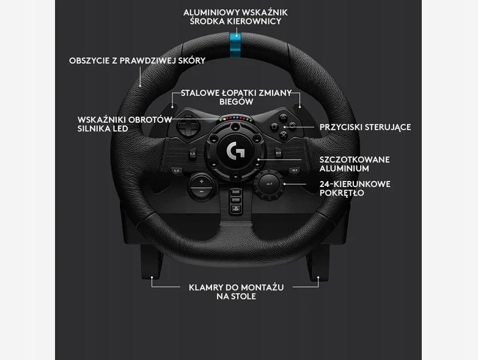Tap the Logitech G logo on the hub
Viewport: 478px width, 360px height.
pos(235,150)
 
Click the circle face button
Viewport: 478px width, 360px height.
pos(293,125)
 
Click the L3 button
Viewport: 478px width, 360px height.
pos(178,170)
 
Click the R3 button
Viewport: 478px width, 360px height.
pos(294,170)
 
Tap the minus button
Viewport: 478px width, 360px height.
pos(201,191)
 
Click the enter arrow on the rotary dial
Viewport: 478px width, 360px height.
pos(270,183)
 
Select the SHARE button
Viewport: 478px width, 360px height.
pos(235,192)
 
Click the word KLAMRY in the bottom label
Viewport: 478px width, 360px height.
pos(203,287)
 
